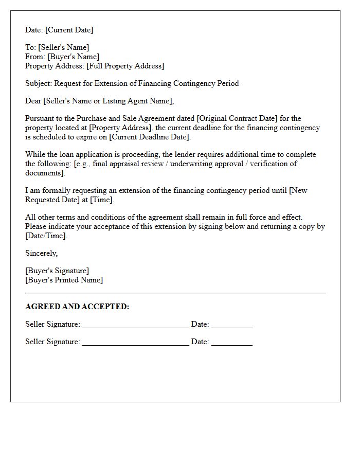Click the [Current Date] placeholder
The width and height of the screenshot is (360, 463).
pyautogui.click(x=70, y=30)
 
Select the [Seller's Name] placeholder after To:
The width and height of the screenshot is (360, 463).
pyautogui.click(x=63, y=47)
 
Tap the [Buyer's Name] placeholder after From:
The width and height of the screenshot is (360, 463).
pyautogui.click(x=74, y=57)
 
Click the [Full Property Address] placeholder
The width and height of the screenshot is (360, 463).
pyautogui.click(x=125, y=66)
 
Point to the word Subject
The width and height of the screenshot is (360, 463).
pyautogui.click(x=39, y=83)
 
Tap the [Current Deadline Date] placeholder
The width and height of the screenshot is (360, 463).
pyautogui.click(x=150, y=137)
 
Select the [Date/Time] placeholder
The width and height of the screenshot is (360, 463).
pyautogui.click(x=46, y=236)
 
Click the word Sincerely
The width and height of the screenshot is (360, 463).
pyautogui.click(x=41, y=253)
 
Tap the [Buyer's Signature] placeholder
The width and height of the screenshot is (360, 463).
pyautogui.click(x=57, y=271)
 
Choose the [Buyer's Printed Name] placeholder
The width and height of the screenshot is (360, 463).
pyautogui.click(x=64, y=280)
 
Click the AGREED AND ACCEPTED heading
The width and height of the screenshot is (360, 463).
pyautogui.click(x=77, y=307)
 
